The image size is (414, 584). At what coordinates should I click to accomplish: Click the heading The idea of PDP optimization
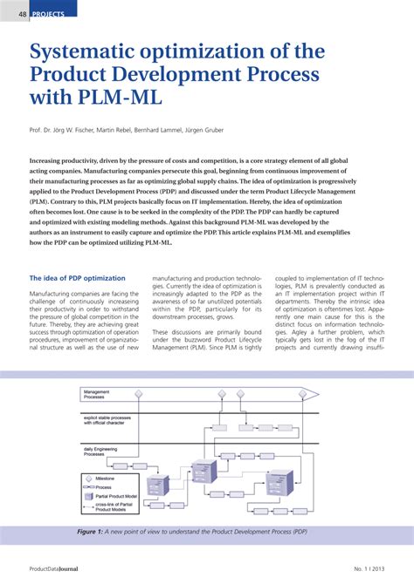tap(78, 278)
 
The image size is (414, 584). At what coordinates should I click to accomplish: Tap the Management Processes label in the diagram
tap(97, 395)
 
